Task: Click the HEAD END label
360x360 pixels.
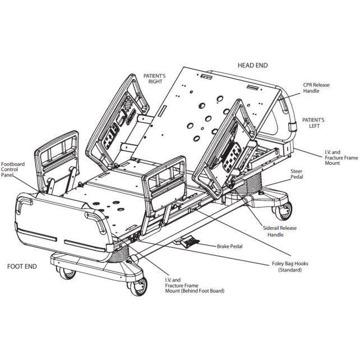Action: coord(252,65)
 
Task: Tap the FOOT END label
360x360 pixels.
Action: coord(22,266)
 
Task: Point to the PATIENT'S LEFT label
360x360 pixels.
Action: coord(313,123)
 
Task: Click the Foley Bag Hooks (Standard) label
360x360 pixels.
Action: coord(289,266)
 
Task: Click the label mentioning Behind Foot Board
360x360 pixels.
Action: coord(193,286)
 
